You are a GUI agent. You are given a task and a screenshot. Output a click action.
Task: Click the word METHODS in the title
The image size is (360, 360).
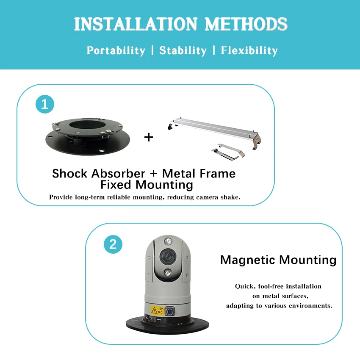tap(246, 24)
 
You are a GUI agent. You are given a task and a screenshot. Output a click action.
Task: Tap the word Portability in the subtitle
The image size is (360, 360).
tap(116, 51)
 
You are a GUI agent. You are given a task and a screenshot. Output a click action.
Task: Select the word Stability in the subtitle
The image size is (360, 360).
tap(183, 51)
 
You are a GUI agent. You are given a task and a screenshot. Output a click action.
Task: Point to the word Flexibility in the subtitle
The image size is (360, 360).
tap(249, 51)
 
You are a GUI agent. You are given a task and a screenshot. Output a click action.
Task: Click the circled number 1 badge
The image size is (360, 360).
tap(45, 104)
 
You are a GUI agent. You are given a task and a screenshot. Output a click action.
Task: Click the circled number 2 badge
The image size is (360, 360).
tap(113, 244)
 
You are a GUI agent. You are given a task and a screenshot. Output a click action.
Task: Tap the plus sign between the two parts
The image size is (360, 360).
tap(149, 137)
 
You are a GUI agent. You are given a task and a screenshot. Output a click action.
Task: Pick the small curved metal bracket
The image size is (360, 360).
tap(228, 150)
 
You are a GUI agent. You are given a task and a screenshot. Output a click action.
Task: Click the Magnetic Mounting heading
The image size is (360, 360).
tap(278, 260)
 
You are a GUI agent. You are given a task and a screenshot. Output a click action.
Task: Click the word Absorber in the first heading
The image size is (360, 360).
tap(116, 173)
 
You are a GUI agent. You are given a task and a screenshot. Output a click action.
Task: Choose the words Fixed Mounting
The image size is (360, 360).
tap(147, 185)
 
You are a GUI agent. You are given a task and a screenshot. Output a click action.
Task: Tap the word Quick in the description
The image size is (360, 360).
tap(244, 286)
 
